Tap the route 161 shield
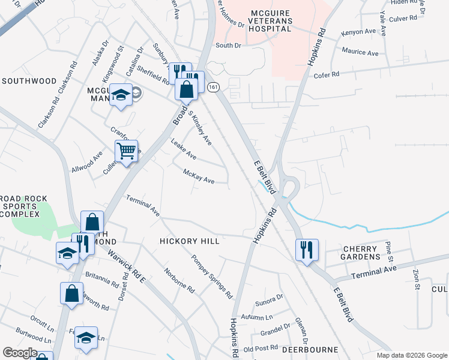pos(213,88)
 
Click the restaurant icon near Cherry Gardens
pos(307,249)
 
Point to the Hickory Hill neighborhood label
pos(189,241)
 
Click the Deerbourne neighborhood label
pos(312,349)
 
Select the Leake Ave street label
pos(184,151)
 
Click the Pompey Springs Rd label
pos(211,277)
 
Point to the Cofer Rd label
pos(327,75)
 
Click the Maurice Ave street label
pos(360,53)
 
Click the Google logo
pos(20,353)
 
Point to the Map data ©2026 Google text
pos(411,355)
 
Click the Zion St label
pos(417,279)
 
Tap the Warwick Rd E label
pos(128,267)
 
